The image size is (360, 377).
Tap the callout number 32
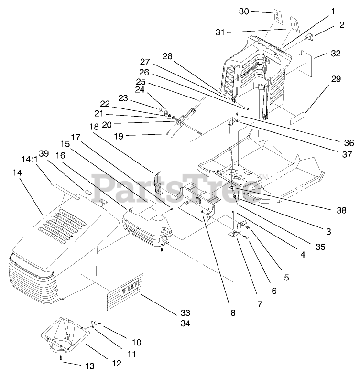click(336, 54)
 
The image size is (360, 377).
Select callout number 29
click(336, 79)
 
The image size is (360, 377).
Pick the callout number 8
click(233, 313)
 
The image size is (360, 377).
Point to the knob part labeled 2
click(308, 36)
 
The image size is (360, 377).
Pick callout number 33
click(185, 313)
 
